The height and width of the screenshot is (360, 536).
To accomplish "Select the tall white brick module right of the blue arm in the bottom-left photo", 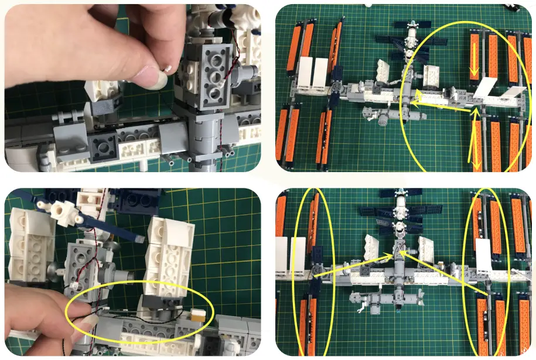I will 169,246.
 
